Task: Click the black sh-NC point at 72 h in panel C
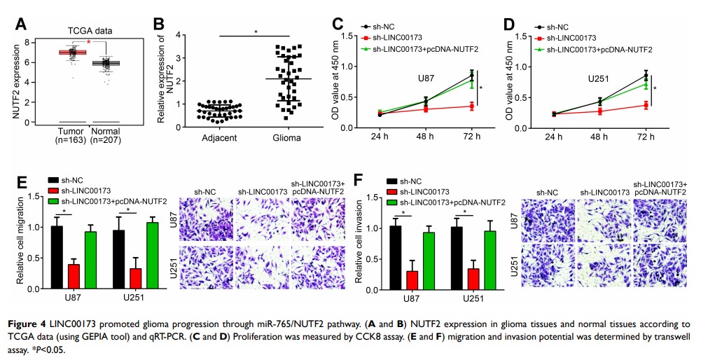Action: [x=472, y=75]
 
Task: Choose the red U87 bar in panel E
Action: [x=74, y=277]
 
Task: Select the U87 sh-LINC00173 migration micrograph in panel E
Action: [x=261, y=217]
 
